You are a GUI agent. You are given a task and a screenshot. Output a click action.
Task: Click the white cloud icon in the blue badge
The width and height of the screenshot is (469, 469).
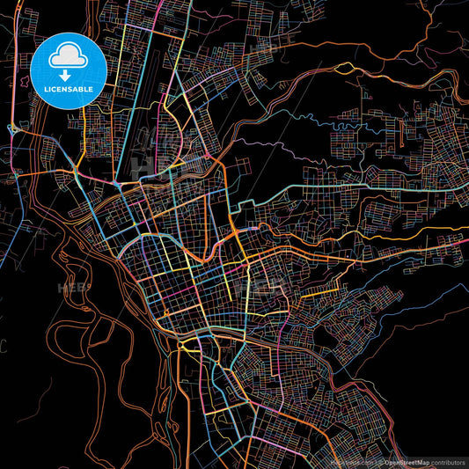click(x=69, y=55)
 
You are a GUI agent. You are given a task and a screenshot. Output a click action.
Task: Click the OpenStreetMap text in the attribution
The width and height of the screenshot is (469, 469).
click(x=407, y=461)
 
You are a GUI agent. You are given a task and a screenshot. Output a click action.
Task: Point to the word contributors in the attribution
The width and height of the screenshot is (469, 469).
click(x=449, y=461)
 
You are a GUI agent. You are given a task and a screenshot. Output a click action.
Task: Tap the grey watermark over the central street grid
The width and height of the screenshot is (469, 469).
click(x=268, y=286)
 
